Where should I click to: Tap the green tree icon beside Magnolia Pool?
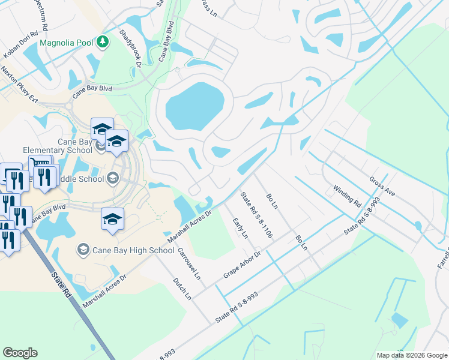coord(103,42)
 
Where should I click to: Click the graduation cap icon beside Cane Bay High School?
coord(83,249)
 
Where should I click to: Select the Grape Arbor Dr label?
coord(243,263)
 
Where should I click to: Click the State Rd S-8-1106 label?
coord(256,215)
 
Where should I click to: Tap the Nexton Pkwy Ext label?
coord(19,86)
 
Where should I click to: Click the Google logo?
coord(20,353)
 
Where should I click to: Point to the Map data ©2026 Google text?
coord(411,355)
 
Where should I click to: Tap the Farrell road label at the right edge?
coord(443,258)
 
